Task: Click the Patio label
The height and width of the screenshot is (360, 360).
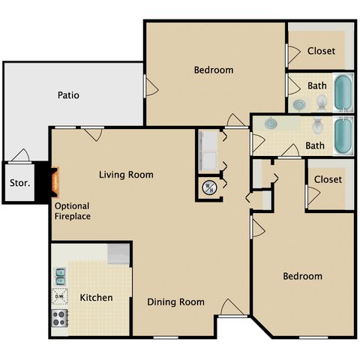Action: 68,95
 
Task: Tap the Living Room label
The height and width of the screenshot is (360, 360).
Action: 126,175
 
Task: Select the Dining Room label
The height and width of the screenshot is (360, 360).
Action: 175,302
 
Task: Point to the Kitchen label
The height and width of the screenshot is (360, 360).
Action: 96,298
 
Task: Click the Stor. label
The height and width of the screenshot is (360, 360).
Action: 20,183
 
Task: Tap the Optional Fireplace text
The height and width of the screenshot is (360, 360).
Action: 73,211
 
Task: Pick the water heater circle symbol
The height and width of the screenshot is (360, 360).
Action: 209,187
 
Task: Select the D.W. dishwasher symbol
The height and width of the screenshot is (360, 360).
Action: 59,296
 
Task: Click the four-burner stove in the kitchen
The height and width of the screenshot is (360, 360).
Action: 59,318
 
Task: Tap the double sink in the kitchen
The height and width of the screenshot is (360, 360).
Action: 60,277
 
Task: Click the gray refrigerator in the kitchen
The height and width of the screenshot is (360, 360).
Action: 118,253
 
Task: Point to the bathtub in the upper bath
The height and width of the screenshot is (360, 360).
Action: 343,93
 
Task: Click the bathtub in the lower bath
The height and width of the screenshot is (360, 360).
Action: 343,136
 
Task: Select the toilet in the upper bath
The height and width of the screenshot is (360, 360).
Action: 322,103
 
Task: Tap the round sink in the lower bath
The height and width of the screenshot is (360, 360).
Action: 270,123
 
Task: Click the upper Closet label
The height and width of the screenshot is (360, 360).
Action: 321,51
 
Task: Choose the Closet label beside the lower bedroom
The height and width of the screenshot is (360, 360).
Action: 328,179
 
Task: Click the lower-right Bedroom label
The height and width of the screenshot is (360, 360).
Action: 303,276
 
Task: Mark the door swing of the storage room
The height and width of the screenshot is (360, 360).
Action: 21,155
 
